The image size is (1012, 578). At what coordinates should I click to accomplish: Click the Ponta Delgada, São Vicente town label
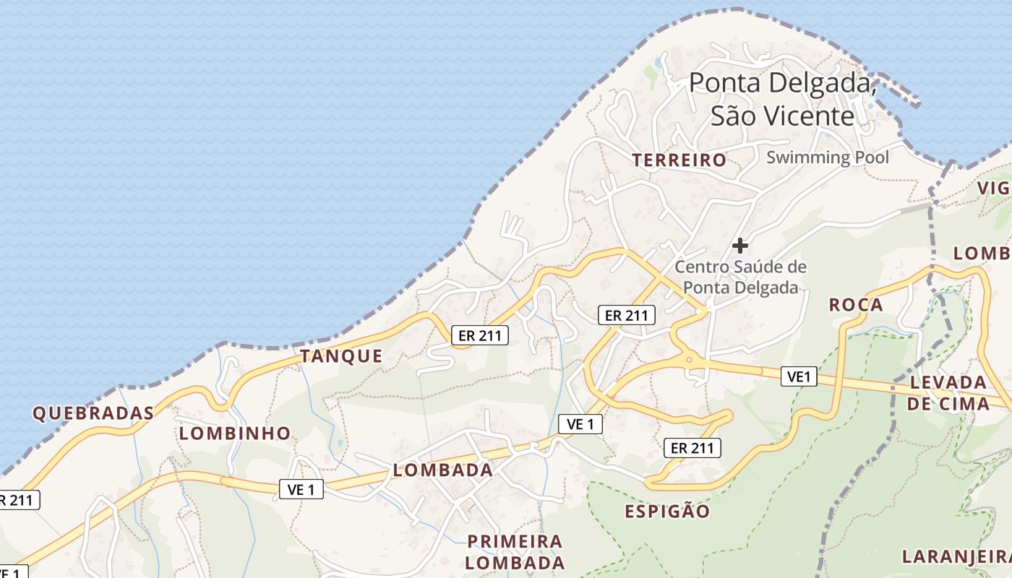pos(783,99)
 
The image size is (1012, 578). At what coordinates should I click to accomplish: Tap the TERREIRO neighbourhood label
pos(679,160)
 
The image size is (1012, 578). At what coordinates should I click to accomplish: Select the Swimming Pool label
pos(828,157)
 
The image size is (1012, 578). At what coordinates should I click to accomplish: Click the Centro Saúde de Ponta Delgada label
pos(740,277)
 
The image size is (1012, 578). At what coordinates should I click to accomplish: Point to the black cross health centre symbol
pos(739,245)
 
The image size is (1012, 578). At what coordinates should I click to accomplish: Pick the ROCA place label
pos(856,305)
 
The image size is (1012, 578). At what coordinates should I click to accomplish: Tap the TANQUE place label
pos(341,355)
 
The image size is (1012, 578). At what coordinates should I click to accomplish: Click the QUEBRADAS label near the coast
pos(93,413)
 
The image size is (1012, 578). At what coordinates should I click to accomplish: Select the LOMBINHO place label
pos(235,433)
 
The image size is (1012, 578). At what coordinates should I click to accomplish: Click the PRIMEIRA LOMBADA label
pos(515,552)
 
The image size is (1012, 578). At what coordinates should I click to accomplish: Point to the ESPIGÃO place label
pos(667,512)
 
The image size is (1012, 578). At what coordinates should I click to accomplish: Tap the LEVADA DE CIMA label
pos(948,392)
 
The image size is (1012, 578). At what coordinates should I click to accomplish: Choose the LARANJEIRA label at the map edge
pos(956,556)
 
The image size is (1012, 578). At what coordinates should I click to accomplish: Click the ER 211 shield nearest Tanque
pos(480,335)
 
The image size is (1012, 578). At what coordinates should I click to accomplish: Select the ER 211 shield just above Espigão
pos(692,448)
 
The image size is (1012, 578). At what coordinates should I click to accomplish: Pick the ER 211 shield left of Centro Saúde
pos(627,315)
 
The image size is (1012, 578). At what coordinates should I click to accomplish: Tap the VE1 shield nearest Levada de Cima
pos(799,376)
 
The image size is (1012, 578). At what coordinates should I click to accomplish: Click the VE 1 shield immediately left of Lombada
pos(301,490)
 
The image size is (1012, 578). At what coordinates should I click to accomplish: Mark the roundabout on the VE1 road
pos(689,358)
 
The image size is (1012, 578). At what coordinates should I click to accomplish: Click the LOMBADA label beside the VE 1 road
pos(442,470)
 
